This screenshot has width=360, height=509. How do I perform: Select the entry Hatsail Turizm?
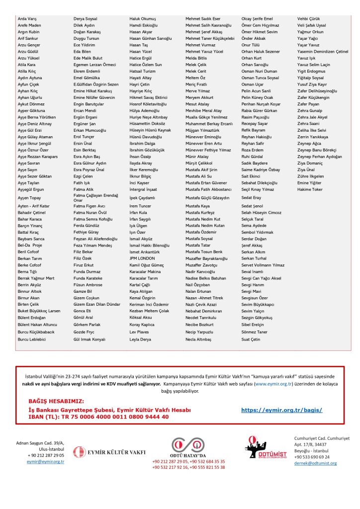(x=143, y=71)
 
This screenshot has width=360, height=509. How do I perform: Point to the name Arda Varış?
(x=27, y=18)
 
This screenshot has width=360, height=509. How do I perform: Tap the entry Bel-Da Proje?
(x=29, y=245)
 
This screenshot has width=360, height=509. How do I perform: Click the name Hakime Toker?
(x=310, y=189)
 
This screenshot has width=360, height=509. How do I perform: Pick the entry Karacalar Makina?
(x=145, y=272)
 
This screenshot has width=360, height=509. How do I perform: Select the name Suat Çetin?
(x=251, y=339)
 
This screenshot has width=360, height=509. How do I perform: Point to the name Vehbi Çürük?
(x=309, y=18)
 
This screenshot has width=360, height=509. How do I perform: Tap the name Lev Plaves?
(x=139, y=332)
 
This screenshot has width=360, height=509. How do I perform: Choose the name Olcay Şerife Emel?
(x=257, y=18)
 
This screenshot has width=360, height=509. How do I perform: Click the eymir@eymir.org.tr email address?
(x=46, y=462)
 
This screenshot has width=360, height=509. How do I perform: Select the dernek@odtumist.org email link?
(x=315, y=463)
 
